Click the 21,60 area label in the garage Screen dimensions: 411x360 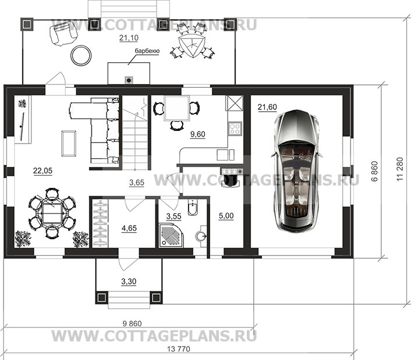pyautogui.click(x=267, y=107)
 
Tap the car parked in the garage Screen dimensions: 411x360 pyautogui.click(x=296, y=171)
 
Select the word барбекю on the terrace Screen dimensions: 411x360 pyautogui.click(x=147, y=51)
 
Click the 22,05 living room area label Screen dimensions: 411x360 pyautogui.click(x=42, y=171)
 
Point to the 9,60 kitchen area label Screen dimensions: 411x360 pyautogui.click(x=198, y=134)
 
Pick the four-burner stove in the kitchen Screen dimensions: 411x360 pyautogui.click(x=235, y=129)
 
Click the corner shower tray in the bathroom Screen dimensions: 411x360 pyautogui.click(x=171, y=234)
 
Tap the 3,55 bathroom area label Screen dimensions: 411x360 pyautogui.click(x=174, y=216)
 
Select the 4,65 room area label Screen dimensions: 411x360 pyautogui.click(x=129, y=228)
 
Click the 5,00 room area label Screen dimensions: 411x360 pyautogui.click(x=226, y=216)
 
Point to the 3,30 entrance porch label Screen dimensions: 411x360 pyautogui.click(x=129, y=281)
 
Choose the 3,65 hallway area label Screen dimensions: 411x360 pyautogui.click(x=137, y=182)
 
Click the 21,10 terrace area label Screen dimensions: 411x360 pyautogui.click(x=129, y=38)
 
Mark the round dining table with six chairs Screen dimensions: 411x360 pyautogui.click(x=52, y=213)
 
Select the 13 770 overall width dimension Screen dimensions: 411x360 pyautogui.click(x=178, y=349)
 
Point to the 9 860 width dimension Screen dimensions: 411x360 pyautogui.click(x=132, y=323)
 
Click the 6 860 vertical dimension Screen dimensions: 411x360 pyautogui.click(x=375, y=171)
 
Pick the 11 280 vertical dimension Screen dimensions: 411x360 pyautogui.click(x=400, y=169)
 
